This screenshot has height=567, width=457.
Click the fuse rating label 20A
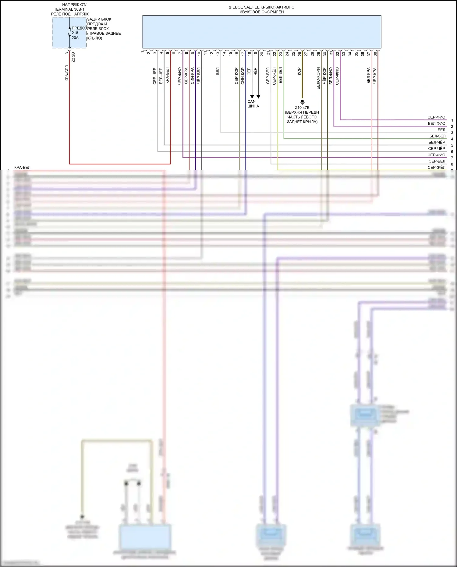tap(75, 38)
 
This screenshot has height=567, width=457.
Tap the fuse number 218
tap(75, 33)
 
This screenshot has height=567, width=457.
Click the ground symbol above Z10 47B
tap(302, 102)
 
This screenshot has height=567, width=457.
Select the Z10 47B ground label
tap(302, 108)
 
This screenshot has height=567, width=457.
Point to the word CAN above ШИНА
tap(251, 101)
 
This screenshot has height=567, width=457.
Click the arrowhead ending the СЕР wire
tap(252, 97)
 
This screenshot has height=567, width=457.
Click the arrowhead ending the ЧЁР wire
tap(258, 97)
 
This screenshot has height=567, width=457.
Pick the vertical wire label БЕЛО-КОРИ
tap(318, 78)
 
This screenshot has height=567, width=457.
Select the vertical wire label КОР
tap(299, 71)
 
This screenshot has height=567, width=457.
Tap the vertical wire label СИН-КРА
tap(192, 76)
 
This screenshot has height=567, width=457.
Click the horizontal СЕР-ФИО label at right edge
tap(436, 117)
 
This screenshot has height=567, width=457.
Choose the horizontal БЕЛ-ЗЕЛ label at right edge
tap(437, 136)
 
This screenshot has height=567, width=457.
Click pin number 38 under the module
tap(375, 54)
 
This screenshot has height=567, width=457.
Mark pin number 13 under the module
tap(218, 54)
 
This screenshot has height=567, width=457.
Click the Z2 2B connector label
tap(73, 57)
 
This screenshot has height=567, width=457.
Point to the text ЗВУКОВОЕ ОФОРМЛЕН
tap(262, 12)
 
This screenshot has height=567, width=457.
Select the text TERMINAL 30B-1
tap(69, 9)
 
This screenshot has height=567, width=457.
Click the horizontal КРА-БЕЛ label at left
tap(22, 168)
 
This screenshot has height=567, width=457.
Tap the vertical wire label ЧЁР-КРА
tap(375, 76)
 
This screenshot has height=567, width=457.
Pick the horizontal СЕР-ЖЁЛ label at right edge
tap(436, 168)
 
